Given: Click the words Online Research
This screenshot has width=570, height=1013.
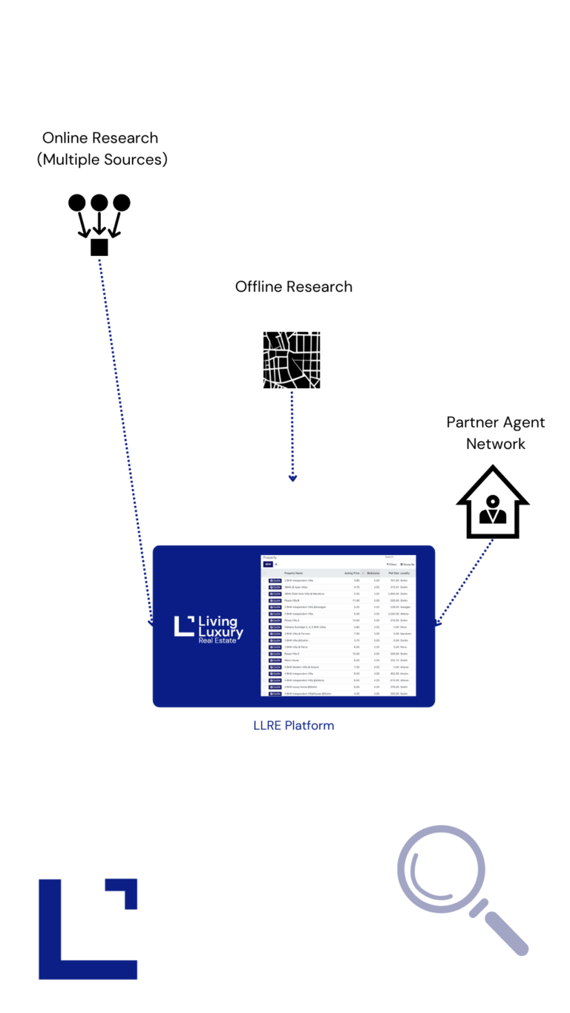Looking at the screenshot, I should (x=100, y=138).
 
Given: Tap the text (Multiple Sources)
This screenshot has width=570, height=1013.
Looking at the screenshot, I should (x=102, y=159).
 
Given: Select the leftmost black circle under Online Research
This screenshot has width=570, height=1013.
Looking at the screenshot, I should (x=77, y=202).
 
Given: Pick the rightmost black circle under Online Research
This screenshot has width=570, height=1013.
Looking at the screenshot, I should (x=122, y=202).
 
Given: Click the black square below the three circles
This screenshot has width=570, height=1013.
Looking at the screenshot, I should (x=99, y=247).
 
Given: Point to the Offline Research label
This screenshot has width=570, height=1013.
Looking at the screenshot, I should (x=294, y=286).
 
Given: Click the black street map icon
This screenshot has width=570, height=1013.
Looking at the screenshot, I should (x=292, y=360).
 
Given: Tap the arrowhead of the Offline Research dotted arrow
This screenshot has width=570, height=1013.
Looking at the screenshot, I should (x=292, y=478).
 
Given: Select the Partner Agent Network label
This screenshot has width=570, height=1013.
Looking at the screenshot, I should (x=496, y=433).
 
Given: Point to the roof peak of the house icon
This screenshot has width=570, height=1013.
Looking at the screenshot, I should (x=493, y=470).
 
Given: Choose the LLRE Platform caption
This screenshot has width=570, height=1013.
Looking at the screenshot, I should (x=294, y=725).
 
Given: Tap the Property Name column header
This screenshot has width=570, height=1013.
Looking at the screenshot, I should (x=294, y=573).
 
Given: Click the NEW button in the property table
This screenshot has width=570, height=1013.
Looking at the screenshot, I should (x=268, y=564).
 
